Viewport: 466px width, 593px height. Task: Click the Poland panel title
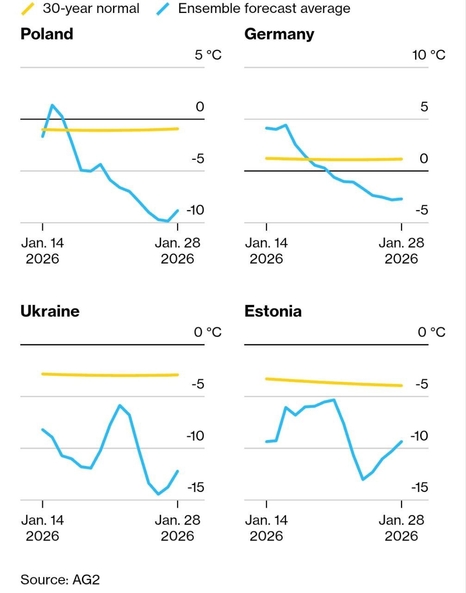click(47, 34)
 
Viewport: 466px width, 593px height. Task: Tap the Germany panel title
click(279, 34)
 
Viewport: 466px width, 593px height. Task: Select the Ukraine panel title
click(50, 311)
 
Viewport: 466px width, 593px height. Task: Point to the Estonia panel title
click(273, 311)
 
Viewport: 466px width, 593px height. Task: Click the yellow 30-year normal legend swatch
click(28, 8)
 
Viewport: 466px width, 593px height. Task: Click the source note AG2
click(60, 580)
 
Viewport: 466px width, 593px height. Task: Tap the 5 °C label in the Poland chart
click(208, 55)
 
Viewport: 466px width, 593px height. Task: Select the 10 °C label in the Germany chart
click(429, 55)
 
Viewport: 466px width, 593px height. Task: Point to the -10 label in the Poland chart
click(195, 210)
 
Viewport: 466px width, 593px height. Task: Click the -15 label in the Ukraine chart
click(195, 487)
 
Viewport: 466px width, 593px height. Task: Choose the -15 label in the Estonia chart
click(419, 487)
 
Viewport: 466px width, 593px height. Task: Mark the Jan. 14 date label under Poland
click(43, 250)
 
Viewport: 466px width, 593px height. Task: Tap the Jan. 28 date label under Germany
click(401, 250)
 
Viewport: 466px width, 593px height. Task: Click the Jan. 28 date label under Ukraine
click(177, 527)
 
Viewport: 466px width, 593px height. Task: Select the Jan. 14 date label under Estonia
click(266, 527)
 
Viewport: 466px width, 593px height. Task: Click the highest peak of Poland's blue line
click(52, 105)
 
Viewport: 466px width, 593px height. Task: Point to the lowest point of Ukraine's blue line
click(158, 494)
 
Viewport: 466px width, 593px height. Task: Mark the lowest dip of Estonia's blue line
click(363, 479)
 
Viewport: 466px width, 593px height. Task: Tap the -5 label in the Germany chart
click(422, 210)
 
